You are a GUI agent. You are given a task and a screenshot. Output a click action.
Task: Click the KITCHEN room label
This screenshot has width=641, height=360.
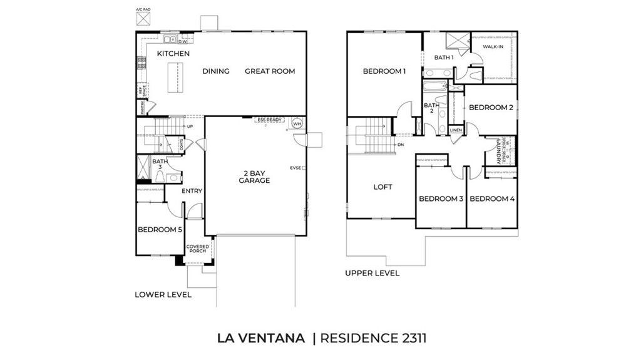(x=173, y=54)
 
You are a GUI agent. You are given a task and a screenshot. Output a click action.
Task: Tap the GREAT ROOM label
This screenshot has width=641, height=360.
(x=269, y=71)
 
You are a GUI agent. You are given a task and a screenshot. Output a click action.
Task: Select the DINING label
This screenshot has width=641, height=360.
(x=216, y=71)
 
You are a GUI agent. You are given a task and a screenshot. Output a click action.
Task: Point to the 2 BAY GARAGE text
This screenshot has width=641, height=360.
(x=254, y=177)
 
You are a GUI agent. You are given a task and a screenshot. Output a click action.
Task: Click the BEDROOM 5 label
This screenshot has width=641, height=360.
(x=160, y=230)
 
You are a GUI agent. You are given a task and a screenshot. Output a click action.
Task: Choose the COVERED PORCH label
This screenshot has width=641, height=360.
(x=198, y=249)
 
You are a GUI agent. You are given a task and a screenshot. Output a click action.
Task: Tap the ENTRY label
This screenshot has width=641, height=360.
(x=192, y=191)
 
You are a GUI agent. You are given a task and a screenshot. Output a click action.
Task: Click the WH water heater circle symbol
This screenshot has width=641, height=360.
(x=297, y=124)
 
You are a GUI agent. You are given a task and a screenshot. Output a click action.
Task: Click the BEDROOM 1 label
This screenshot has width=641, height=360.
(x=384, y=71)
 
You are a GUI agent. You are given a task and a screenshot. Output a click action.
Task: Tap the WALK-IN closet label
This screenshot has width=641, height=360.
(x=493, y=46)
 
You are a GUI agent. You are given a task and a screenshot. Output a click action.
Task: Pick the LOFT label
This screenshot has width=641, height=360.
(x=382, y=187)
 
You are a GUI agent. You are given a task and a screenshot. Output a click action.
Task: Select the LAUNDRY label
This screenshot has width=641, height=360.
(x=498, y=152)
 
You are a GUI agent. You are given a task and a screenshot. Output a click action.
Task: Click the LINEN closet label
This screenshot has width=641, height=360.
(x=456, y=130)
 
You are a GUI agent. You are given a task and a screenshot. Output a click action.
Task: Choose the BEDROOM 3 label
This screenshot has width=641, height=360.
(x=441, y=199)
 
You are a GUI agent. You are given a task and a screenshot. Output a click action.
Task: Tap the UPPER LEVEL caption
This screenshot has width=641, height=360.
(x=372, y=273)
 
